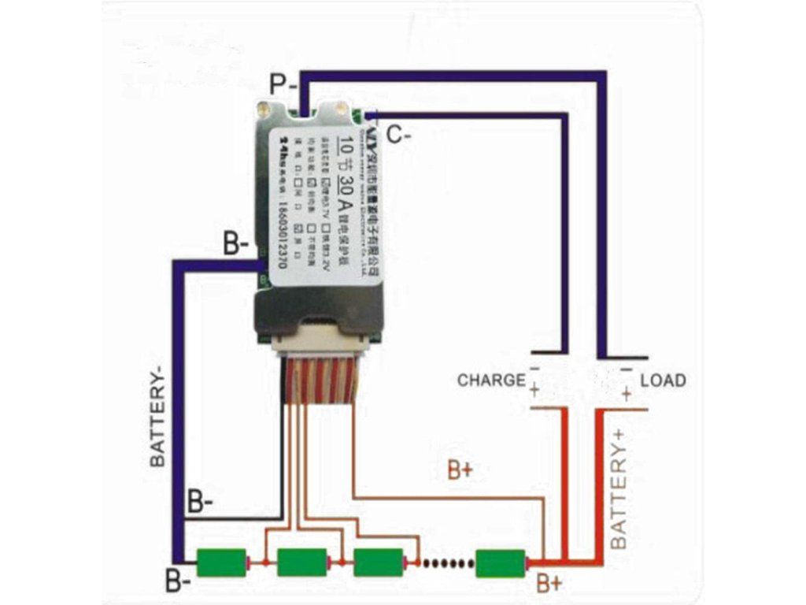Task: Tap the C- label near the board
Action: pyautogui.click(x=398, y=135)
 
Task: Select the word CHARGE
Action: pyautogui.click(x=491, y=380)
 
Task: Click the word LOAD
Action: pyautogui.click(x=663, y=380)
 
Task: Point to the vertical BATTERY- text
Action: pyautogui.click(x=158, y=421)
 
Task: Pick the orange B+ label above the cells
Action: pyautogui.click(x=460, y=470)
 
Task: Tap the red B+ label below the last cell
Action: pyautogui.click(x=549, y=584)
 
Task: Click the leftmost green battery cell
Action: pyautogui.click(x=222, y=562)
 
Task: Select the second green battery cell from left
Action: pyautogui.click(x=302, y=562)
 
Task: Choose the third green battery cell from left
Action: pyautogui.click(x=379, y=562)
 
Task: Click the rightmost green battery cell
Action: pyautogui.click(x=501, y=562)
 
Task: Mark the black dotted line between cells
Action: pyautogui.click(x=446, y=562)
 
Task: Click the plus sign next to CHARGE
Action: pyautogui.click(x=534, y=390)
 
